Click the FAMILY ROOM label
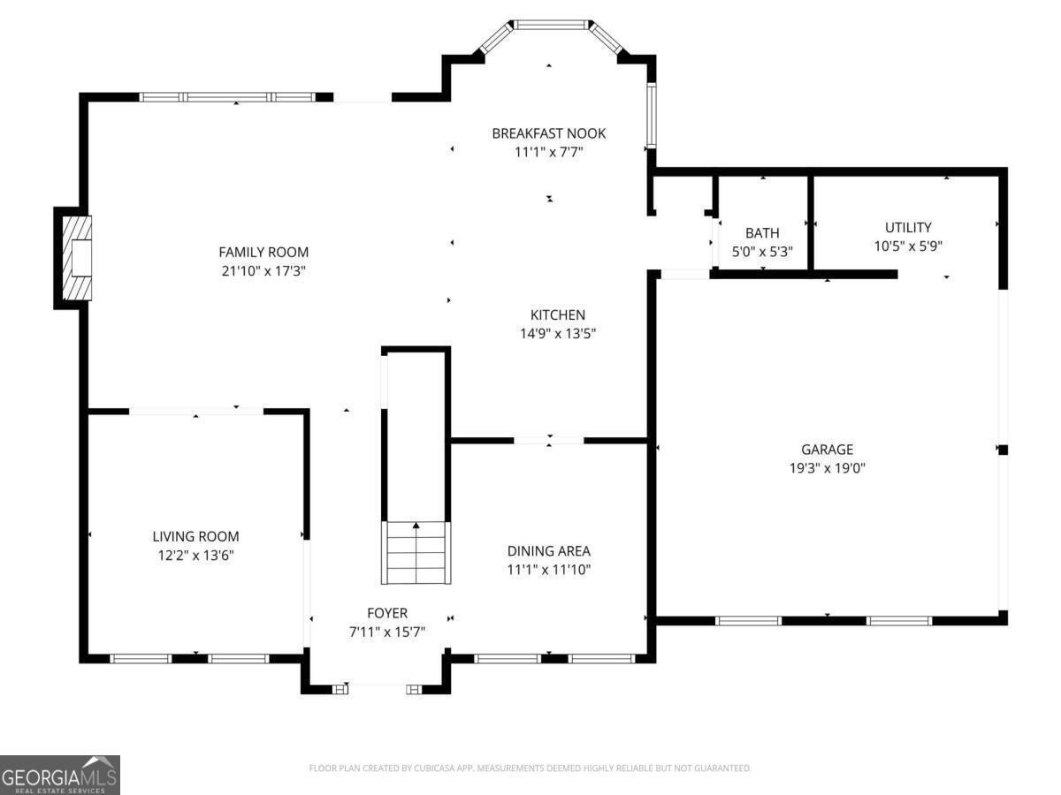pyautogui.click(x=263, y=252)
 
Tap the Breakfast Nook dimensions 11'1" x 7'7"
pyautogui.click(x=549, y=152)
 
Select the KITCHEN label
pyautogui.click(x=558, y=314)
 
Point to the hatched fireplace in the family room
pyautogui.click(x=77, y=258)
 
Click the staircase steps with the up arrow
pyautogui.click(x=416, y=553)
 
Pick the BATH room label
pyautogui.click(x=762, y=233)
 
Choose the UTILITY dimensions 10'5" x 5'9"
pyautogui.click(x=908, y=246)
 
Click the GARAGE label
pyautogui.click(x=827, y=450)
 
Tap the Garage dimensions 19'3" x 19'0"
pyautogui.click(x=827, y=468)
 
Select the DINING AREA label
pyautogui.click(x=549, y=550)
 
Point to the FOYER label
pyautogui.click(x=387, y=613)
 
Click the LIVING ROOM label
pyautogui.click(x=195, y=536)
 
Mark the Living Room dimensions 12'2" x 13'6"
pyautogui.click(x=195, y=555)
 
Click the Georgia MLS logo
pyautogui.click(x=60, y=775)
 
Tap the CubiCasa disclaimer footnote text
pyautogui.click(x=530, y=768)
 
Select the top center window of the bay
pyautogui.click(x=551, y=25)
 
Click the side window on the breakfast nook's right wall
pyautogui.click(x=652, y=115)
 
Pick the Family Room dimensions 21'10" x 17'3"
pyautogui.click(x=263, y=271)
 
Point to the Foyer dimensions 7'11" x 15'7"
pyautogui.click(x=387, y=632)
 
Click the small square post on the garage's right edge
pyautogui.click(x=1004, y=450)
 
